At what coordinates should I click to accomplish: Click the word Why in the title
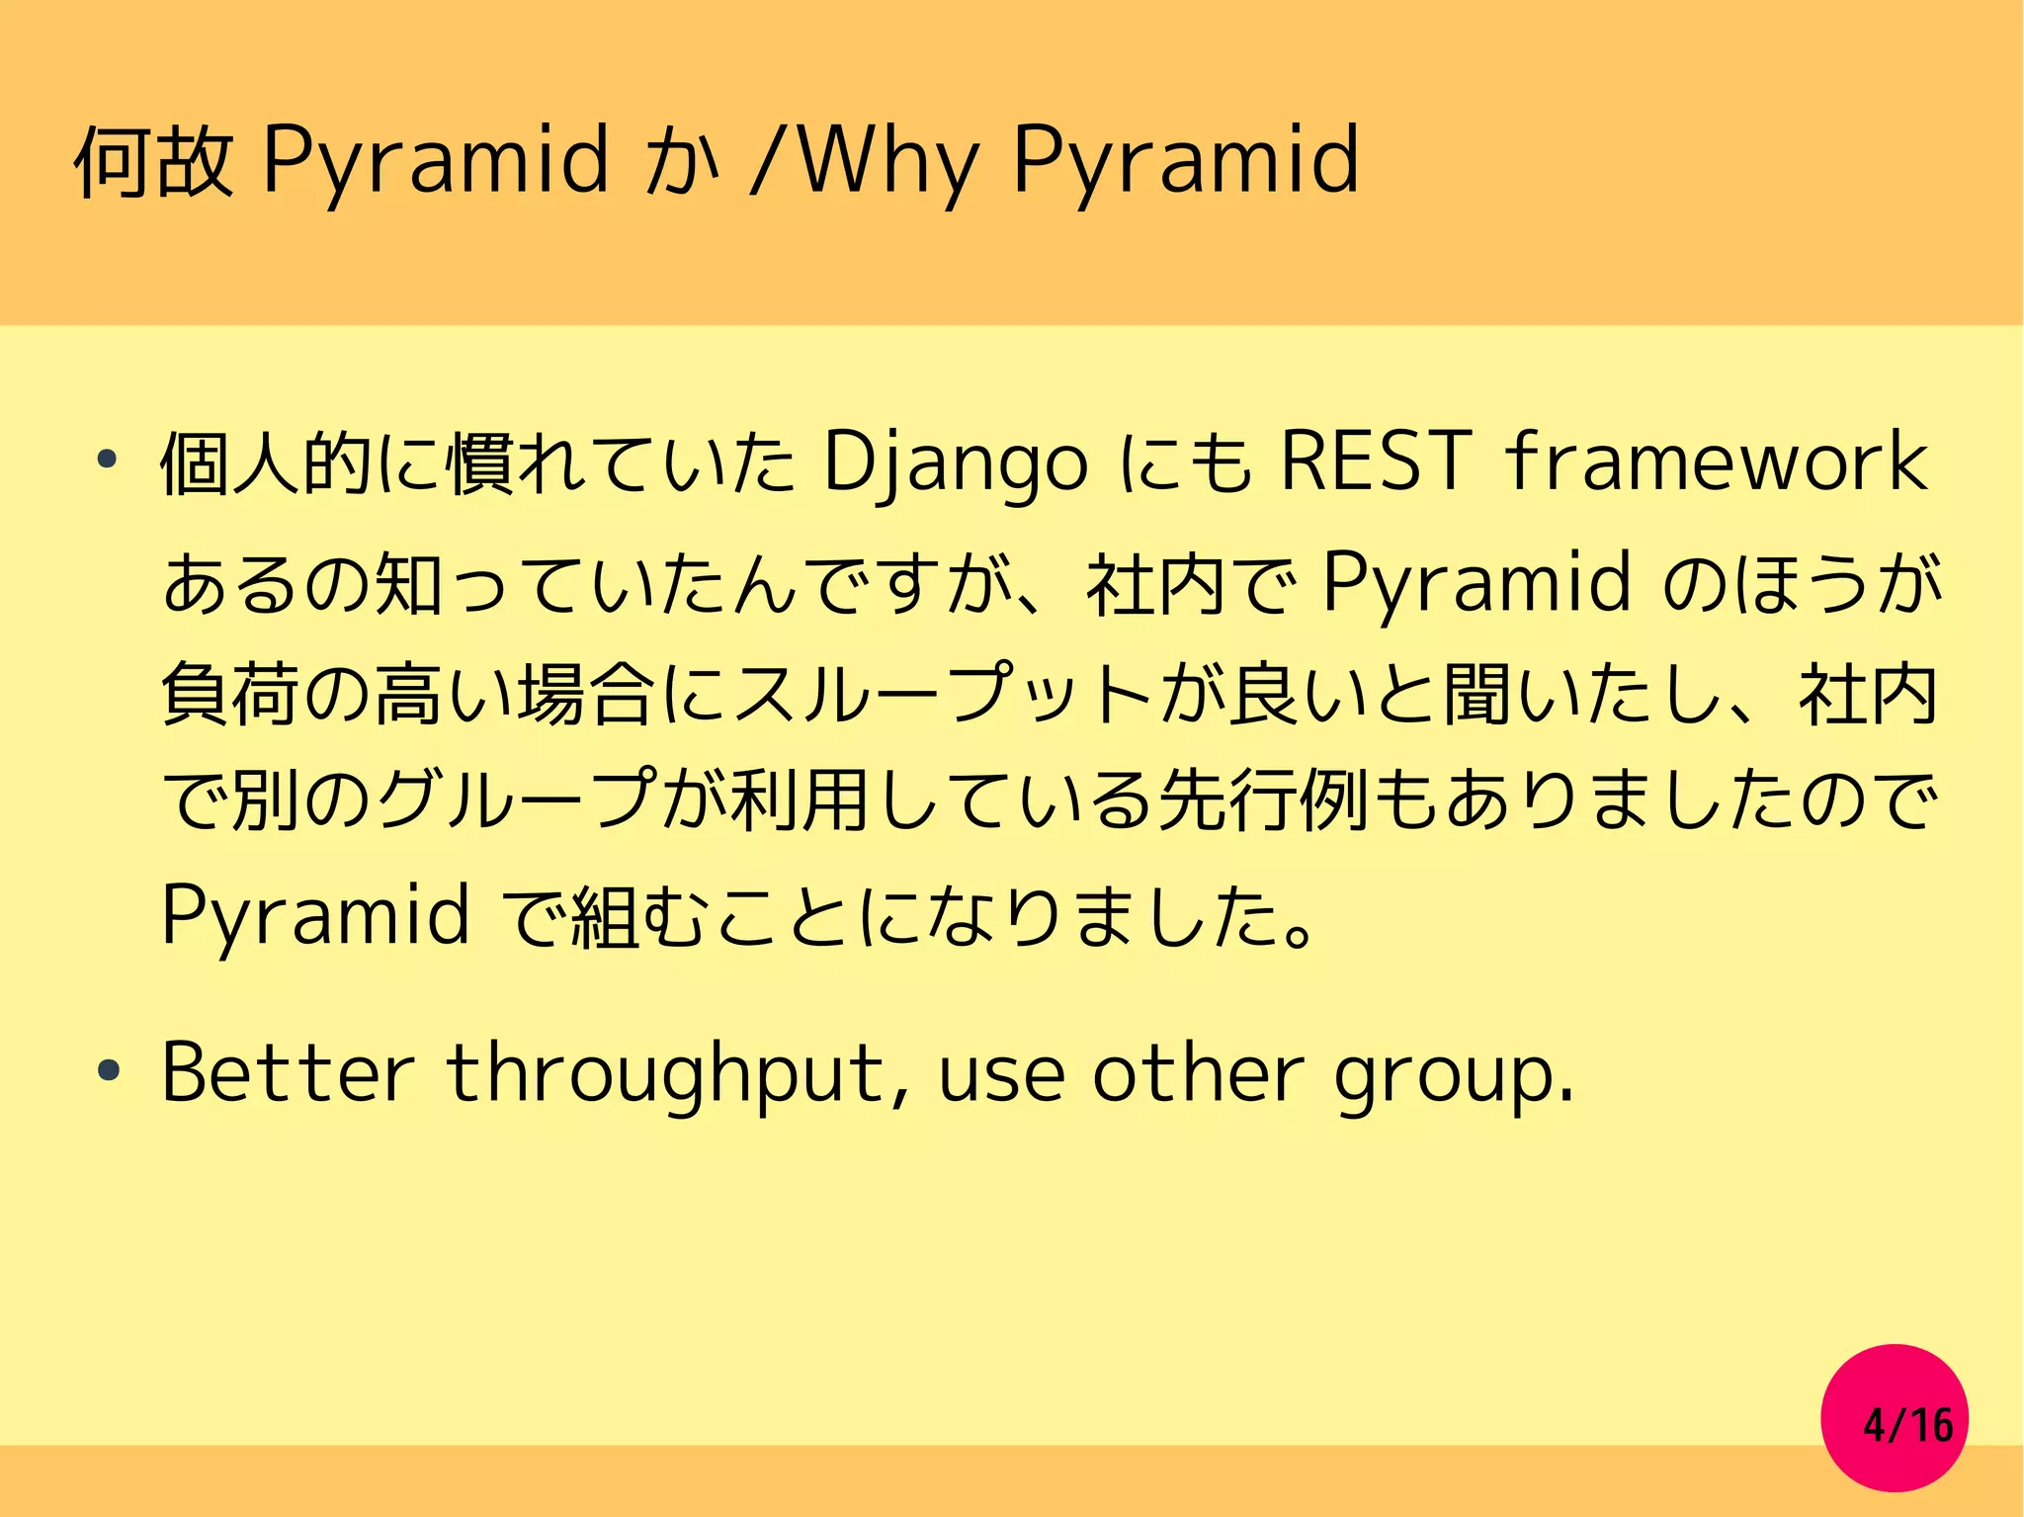[887, 160]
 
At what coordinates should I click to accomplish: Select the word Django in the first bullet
[955, 463]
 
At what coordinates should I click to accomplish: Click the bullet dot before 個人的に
[108, 460]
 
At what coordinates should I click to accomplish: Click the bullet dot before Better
[108, 1071]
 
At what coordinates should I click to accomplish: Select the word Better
[288, 1073]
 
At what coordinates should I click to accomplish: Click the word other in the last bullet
[1198, 1073]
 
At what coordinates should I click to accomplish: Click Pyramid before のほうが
[1476, 583]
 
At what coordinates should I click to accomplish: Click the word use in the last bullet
[1001, 1075]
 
